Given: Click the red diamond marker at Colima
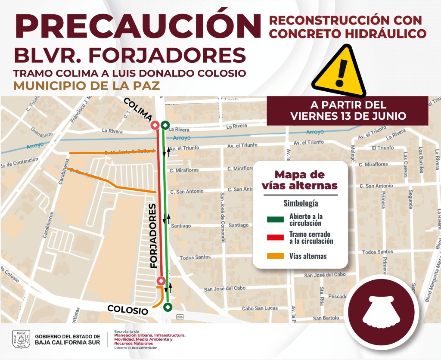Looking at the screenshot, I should (155, 126).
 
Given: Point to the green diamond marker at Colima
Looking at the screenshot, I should (165, 126).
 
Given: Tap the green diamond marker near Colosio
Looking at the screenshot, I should (168, 307).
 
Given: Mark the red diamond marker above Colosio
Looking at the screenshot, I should (161, 281).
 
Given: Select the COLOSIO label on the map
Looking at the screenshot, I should (128, 309).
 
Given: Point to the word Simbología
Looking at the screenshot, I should (301, 203).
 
